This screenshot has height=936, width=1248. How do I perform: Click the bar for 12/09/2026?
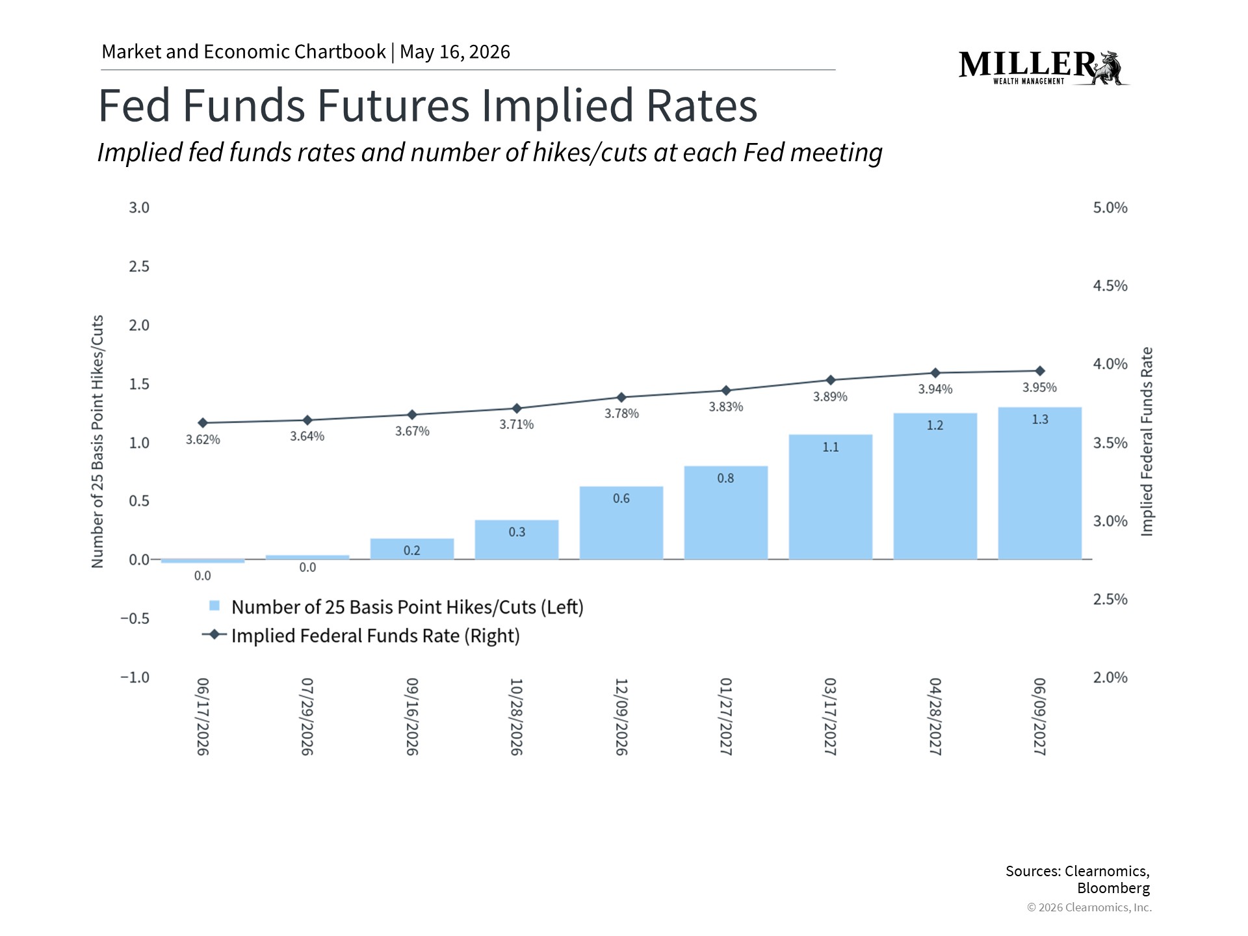621,523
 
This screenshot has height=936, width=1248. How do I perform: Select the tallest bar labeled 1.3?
1040,483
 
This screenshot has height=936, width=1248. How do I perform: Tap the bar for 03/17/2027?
831,497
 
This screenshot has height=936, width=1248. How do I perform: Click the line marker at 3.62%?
203,423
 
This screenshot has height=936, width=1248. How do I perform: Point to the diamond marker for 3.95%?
1040,371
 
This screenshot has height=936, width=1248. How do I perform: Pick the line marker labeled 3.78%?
621,397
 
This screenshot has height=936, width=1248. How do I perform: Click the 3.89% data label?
831,396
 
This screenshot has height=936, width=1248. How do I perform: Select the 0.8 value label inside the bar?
725,478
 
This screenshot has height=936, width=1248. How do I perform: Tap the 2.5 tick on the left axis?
139,266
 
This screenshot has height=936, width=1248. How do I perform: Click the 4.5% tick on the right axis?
1110,286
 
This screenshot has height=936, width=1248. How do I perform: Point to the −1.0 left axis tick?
135,677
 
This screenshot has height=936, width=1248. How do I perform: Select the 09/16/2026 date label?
412,717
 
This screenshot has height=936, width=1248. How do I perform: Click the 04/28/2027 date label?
935,717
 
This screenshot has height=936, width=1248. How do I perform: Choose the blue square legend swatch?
214,606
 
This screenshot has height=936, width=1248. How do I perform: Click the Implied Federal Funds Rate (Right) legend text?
376,636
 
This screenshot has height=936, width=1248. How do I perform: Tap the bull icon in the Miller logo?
1110,68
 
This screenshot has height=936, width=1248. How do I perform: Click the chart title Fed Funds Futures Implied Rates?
428,105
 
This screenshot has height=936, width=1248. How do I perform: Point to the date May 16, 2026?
455,52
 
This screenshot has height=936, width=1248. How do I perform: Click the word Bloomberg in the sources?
1113,888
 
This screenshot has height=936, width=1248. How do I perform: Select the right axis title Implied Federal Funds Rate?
1147,442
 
